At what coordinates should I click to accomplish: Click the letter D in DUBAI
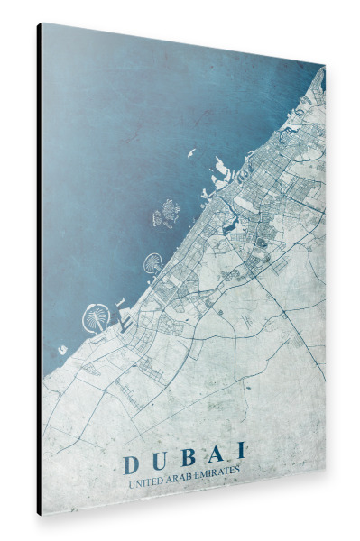click(x=130, y=466)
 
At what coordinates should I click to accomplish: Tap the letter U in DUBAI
click(x=161, y=462)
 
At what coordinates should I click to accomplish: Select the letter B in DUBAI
click(x=188, y=457)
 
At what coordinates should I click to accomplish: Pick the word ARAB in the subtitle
click(x=183, y=479)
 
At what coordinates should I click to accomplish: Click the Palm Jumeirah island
click(x=152, y=264)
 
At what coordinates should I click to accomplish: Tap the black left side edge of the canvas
click(x=39, y=270)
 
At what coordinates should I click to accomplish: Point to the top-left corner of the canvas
click(x=42, y=23)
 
